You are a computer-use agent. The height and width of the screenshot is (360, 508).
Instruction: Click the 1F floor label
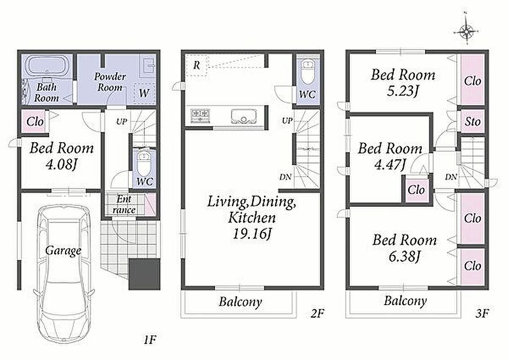150,340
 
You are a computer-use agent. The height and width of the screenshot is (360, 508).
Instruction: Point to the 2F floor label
318,313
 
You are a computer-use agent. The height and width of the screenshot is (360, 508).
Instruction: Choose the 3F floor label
482,313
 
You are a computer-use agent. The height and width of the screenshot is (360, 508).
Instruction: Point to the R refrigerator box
196,65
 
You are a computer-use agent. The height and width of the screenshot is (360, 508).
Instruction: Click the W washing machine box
144,93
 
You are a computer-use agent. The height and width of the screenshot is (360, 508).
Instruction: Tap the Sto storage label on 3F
472,121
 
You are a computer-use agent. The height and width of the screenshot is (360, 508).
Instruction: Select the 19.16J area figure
252,234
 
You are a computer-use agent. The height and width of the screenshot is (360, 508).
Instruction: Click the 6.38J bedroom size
405,256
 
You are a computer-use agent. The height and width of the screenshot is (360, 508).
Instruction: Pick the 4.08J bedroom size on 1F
62,165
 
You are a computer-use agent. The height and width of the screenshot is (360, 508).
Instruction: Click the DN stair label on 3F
451,176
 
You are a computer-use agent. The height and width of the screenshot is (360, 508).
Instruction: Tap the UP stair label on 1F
122,121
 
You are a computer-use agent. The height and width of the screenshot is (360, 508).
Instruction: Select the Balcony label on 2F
240,301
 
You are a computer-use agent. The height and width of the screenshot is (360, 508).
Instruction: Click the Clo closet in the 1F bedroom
35,121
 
